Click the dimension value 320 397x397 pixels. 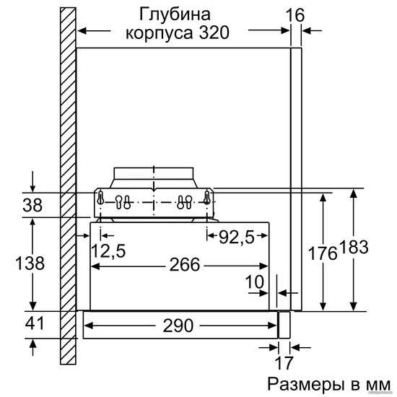214,33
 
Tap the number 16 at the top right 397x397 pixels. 295,15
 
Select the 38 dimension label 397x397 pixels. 32,205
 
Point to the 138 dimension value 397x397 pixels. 30,263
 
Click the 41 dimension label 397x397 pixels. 35,323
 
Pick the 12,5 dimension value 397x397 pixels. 108,251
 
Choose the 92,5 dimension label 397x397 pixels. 237,237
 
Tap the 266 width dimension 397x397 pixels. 185,265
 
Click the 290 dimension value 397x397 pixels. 178,326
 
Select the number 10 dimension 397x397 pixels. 255,282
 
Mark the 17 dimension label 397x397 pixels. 284,363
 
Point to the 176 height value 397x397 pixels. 323,253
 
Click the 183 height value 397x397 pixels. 354,247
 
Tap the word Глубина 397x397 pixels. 175,15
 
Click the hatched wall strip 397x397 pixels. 68,186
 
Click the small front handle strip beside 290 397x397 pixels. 284,325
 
